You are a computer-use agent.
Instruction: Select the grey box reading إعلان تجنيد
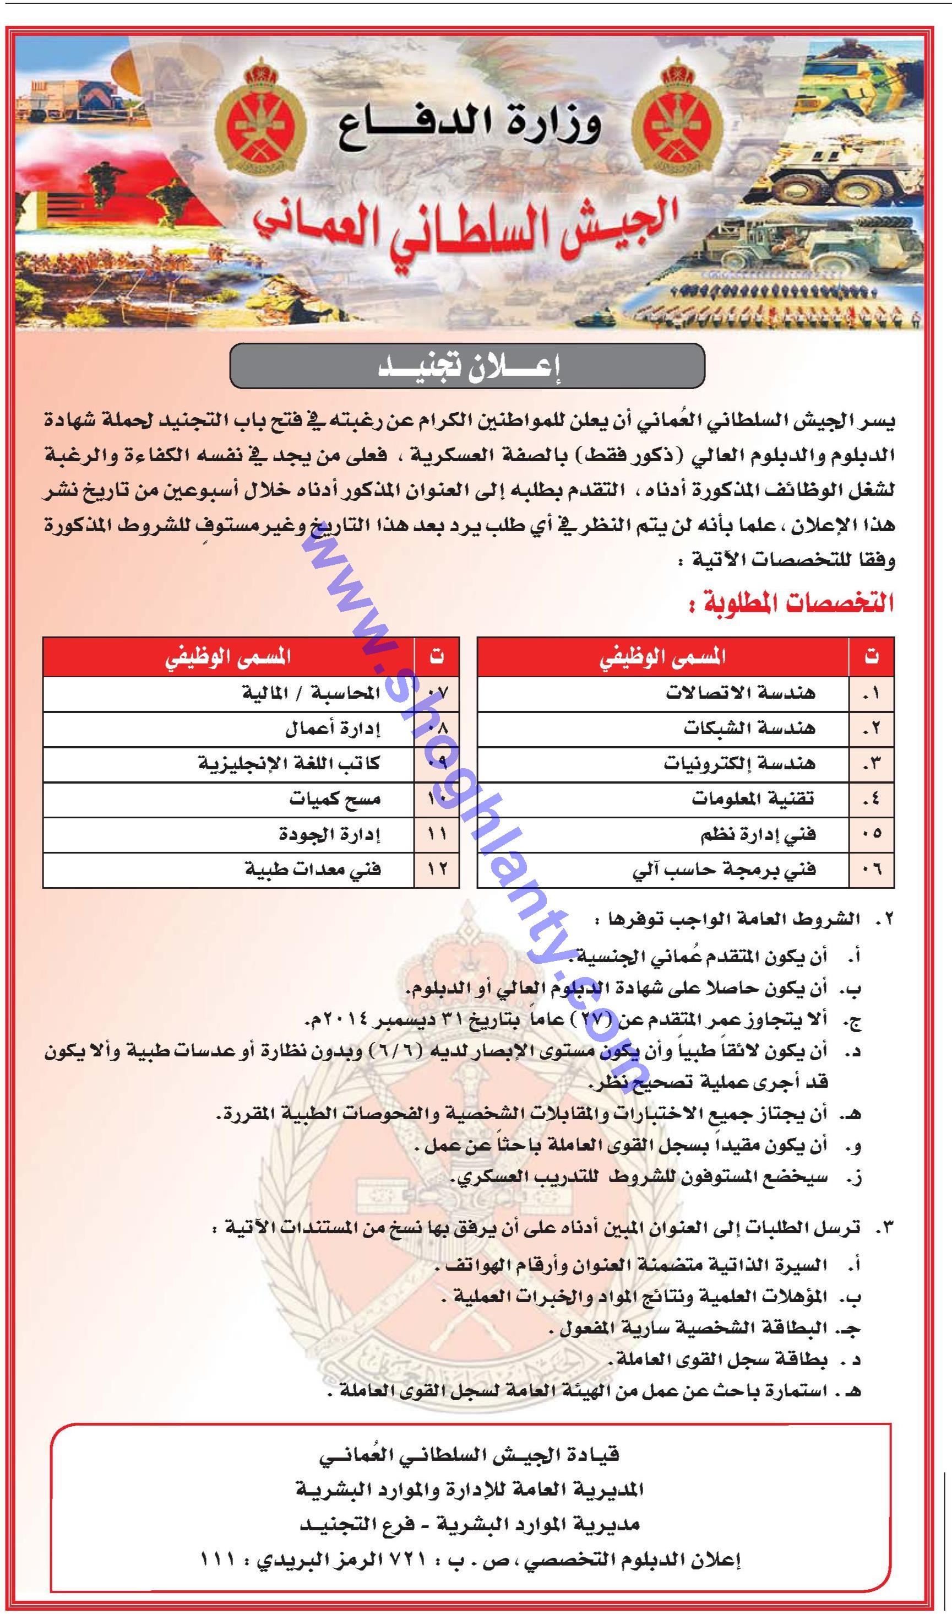point(467,366)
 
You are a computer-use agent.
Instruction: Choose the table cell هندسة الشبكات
point(748,728)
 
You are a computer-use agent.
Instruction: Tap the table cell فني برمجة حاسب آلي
point(724,871)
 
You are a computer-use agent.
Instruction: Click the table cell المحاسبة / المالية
point(311,693)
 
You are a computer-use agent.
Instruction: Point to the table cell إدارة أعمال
point(333,728)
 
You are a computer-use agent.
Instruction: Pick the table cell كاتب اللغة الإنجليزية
point(289,764)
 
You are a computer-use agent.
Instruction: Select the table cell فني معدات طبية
point(313,871)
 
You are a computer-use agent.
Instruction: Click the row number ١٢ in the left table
point(437,871)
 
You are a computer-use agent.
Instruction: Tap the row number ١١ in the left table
point(437,834)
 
